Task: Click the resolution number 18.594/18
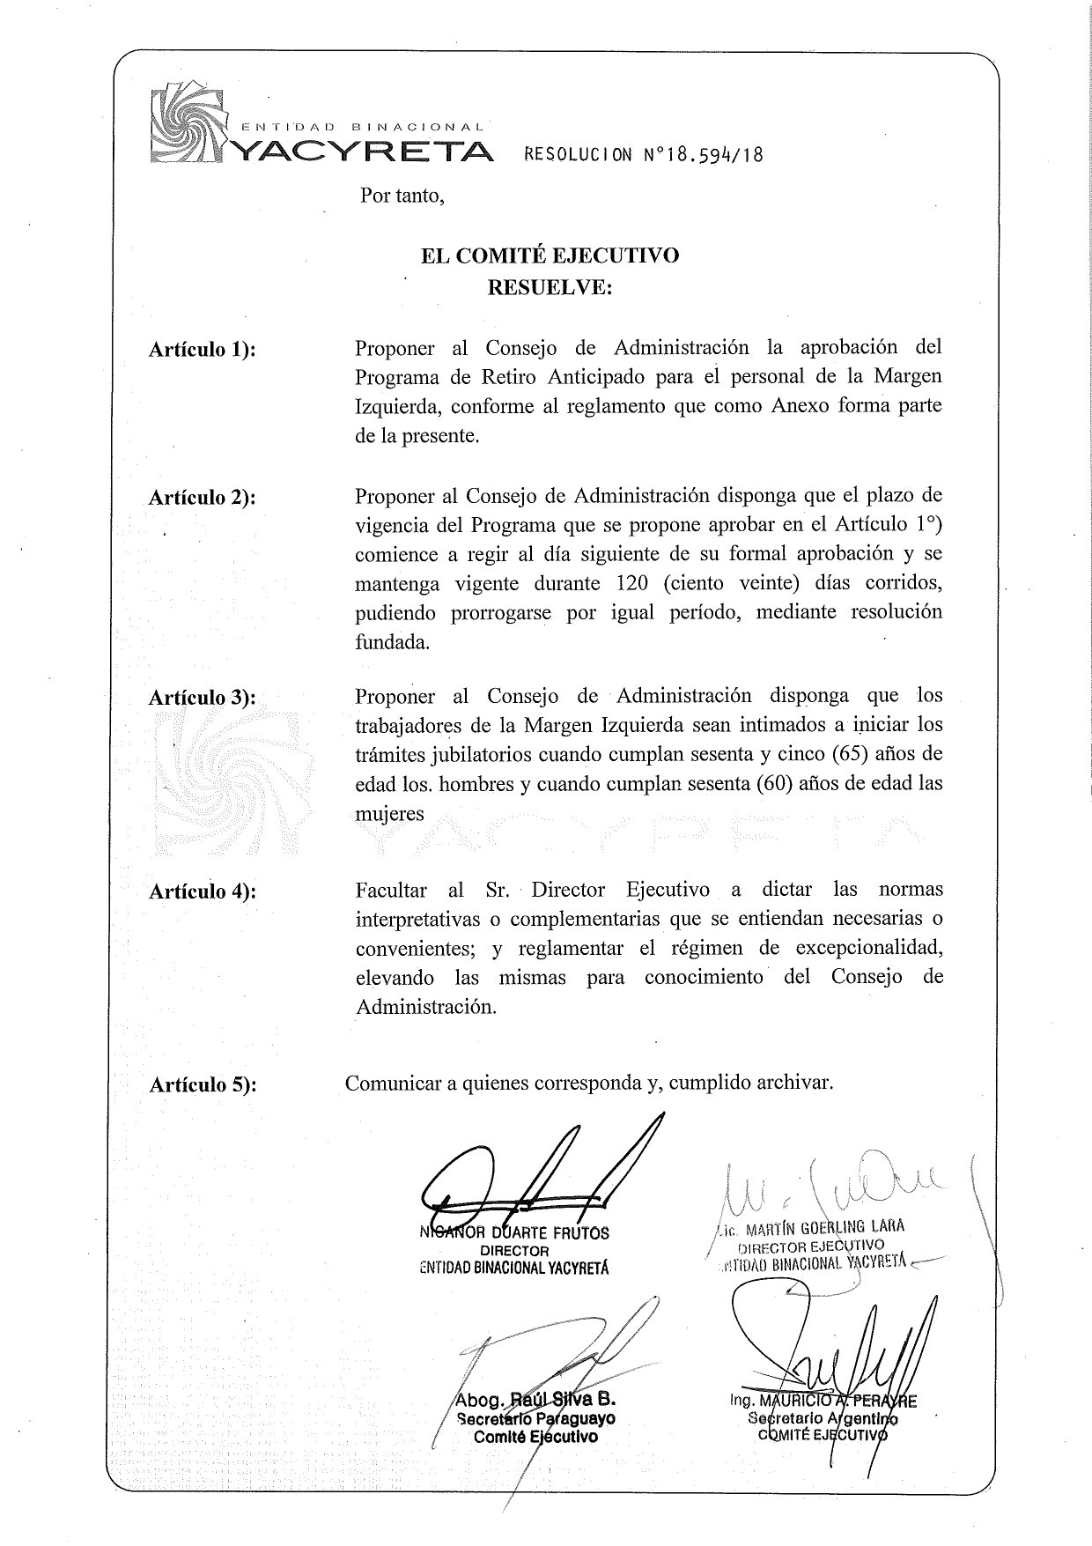[705, 155]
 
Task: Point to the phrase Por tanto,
[402, 196]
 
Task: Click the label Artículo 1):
[203, 349]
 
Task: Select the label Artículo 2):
[203, 497]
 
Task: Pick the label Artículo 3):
[203, 698]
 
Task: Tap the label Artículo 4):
[203, 891]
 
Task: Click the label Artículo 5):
[203, 1084]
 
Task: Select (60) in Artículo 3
[776, 783]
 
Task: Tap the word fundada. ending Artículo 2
[393, 642]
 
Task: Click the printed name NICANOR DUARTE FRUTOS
[515, 1232]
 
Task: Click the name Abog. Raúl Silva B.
[534, 1400]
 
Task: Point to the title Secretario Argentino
[821, 1418]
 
